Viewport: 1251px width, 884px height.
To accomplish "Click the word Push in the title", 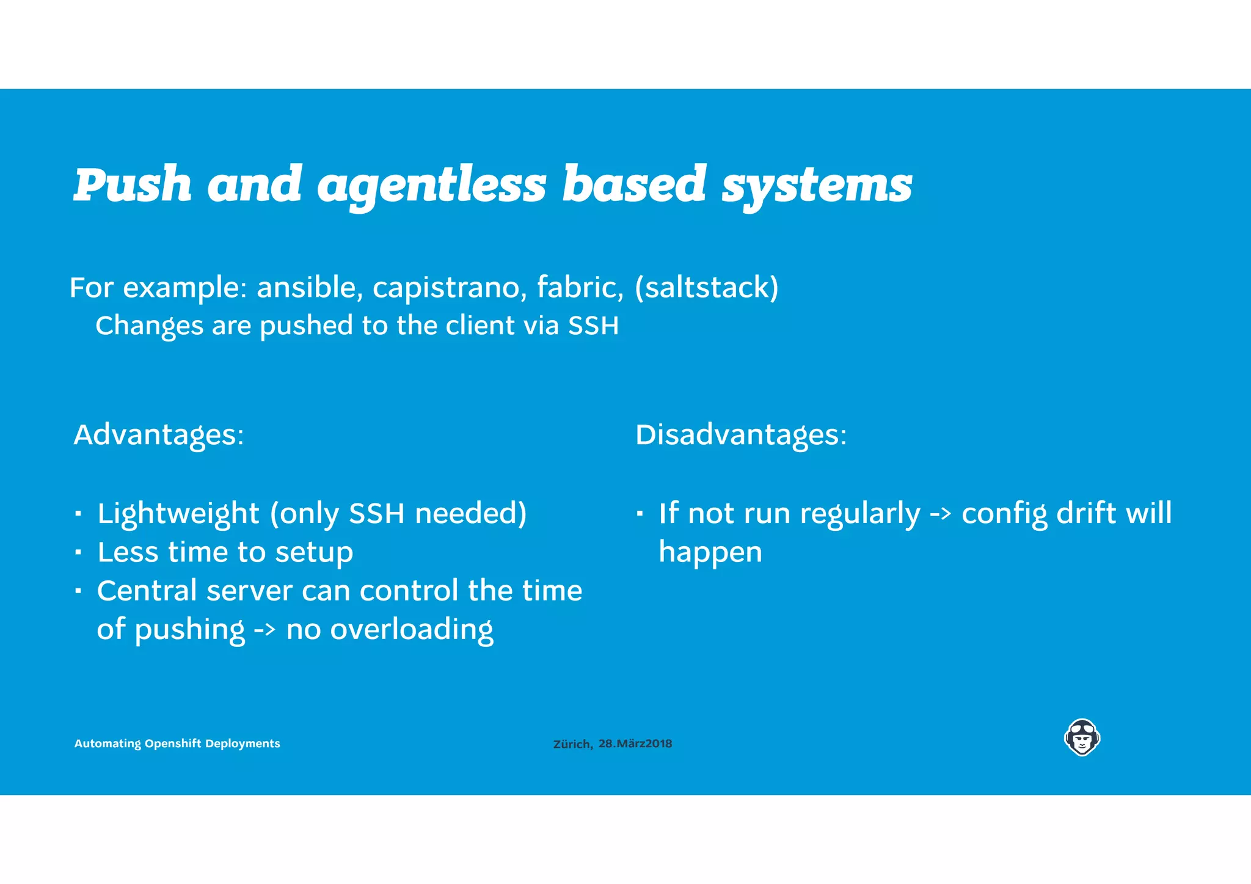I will click(x=133, y=184).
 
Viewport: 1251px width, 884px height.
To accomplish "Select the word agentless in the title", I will click(x=432, y=184).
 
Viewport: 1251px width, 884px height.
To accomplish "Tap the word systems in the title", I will click(x=817, y=184).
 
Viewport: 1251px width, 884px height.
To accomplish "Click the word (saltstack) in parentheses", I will click(x=707, y=287).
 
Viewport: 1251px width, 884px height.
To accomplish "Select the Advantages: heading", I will click(x=159, y=435).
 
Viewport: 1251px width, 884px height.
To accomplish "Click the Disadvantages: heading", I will click(x=741, y=435).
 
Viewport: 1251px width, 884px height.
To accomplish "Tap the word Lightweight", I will click(x=178, y=513).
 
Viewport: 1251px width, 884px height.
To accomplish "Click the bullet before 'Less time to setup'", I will click(x=78, y=552).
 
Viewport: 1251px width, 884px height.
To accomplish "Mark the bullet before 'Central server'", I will click(x=78, y=591).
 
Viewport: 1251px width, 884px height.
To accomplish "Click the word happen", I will click(x=710, y=552).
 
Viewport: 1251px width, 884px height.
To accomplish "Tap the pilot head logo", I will click(x=1082, y=737).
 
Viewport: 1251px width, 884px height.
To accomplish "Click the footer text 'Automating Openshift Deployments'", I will click(x=177, y=743).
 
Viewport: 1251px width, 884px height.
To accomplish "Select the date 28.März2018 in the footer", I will click(x=635, y=743).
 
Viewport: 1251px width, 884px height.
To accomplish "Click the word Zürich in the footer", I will click(x=572, y=744).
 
